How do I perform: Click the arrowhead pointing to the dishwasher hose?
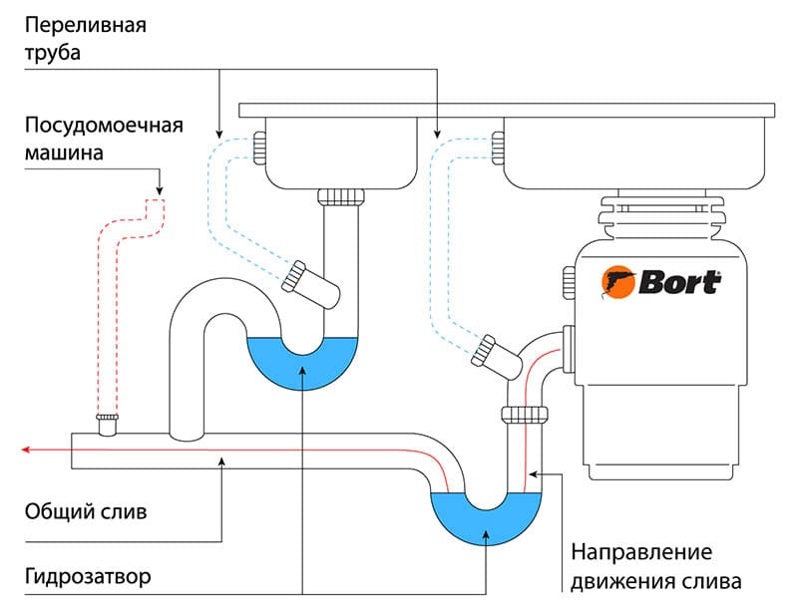point(159,191)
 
